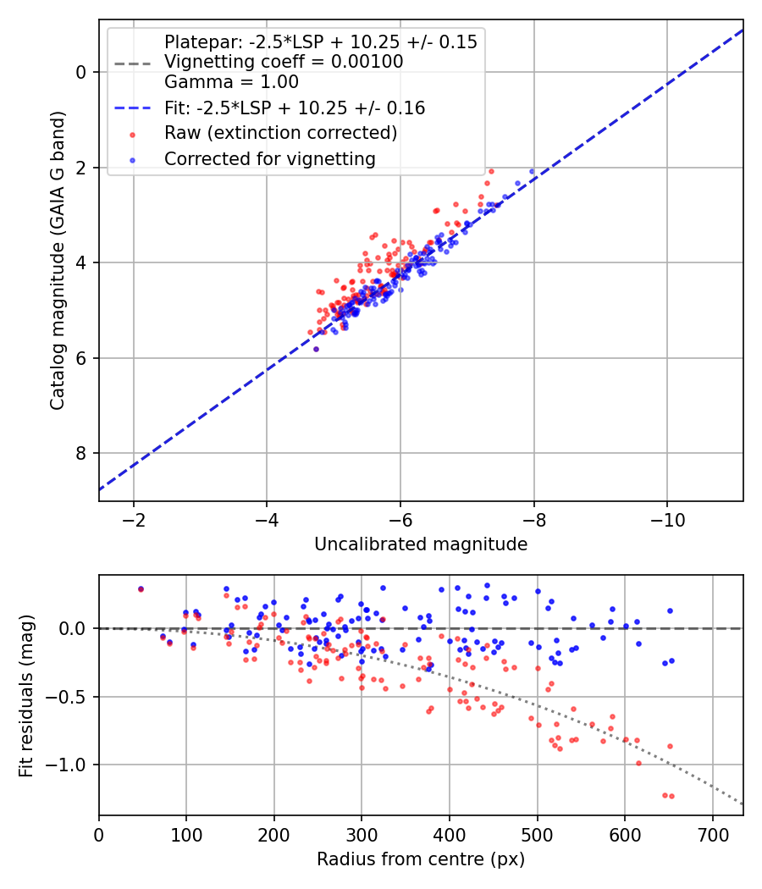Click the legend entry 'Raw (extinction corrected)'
(280, 133)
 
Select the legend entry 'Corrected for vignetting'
(269, 158)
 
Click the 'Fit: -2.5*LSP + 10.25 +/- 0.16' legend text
(295, 108)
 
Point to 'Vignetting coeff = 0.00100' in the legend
(284, 62)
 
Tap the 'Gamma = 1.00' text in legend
(231, 82)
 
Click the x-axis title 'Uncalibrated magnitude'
(421, 544)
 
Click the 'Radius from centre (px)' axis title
(421, 859)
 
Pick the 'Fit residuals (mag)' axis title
(27, 696)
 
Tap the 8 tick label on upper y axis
(81, 453)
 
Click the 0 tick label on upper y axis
(81, 72)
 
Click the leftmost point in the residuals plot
(141, 589)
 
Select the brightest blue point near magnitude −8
(532, 171)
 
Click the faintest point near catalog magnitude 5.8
(316, 349)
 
